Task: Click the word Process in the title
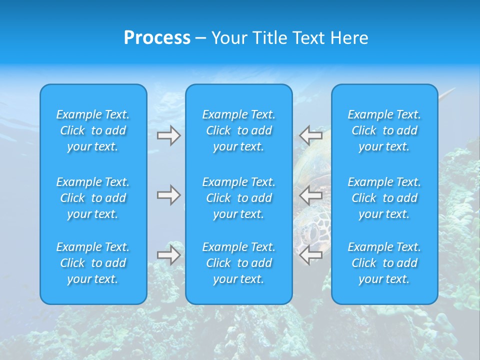[x=157, y=38]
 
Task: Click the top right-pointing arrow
[x=168, y=135]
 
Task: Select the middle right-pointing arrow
[x=168, y=195]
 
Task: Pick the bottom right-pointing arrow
[x=168, y=255]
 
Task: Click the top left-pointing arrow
[x=311, y=135]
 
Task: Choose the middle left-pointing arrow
[x=311, y=195]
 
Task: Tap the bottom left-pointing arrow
[x=311, y=255]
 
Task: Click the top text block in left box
[x=93, y=130]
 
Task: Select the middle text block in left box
[x=93, y=198]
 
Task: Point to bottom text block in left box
[x=93, y=263]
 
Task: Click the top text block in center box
[x=238, y=130]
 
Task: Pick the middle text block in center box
[x=238, y=198]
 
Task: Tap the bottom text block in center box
[x=238, y=263]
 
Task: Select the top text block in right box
[x=384, y=130]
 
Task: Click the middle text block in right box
[x=384, y=198]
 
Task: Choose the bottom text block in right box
[x=384, y=263]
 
